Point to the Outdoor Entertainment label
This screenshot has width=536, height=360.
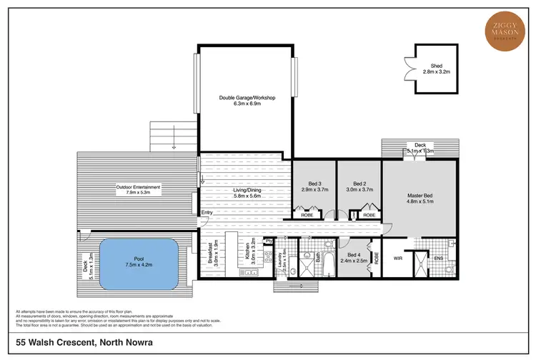(x=138, y=189)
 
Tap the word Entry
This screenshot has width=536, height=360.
(x=207, y=212)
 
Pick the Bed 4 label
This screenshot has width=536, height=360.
(x=357, y=258)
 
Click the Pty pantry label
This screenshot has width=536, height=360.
(x=267, y=241)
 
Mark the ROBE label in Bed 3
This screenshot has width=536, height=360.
(x=306, y=214)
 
